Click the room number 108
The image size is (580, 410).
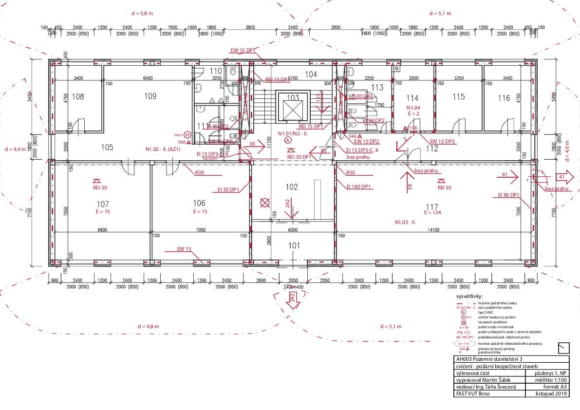coord(78,96)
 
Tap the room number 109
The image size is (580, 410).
coord(150,96)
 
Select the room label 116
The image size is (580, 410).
coord(504,98)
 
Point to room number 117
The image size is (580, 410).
coord(431,206)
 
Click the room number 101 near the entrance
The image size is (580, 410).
coord(294,245)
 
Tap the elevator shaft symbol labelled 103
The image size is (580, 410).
coord(293,106)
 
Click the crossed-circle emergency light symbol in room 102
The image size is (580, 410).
coord(265,203)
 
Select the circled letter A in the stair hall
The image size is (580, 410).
coord(287,139)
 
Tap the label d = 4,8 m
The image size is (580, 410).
coord(148,326)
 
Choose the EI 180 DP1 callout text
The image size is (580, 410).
coord(359,186)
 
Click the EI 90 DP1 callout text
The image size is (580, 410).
coord(509,195)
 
